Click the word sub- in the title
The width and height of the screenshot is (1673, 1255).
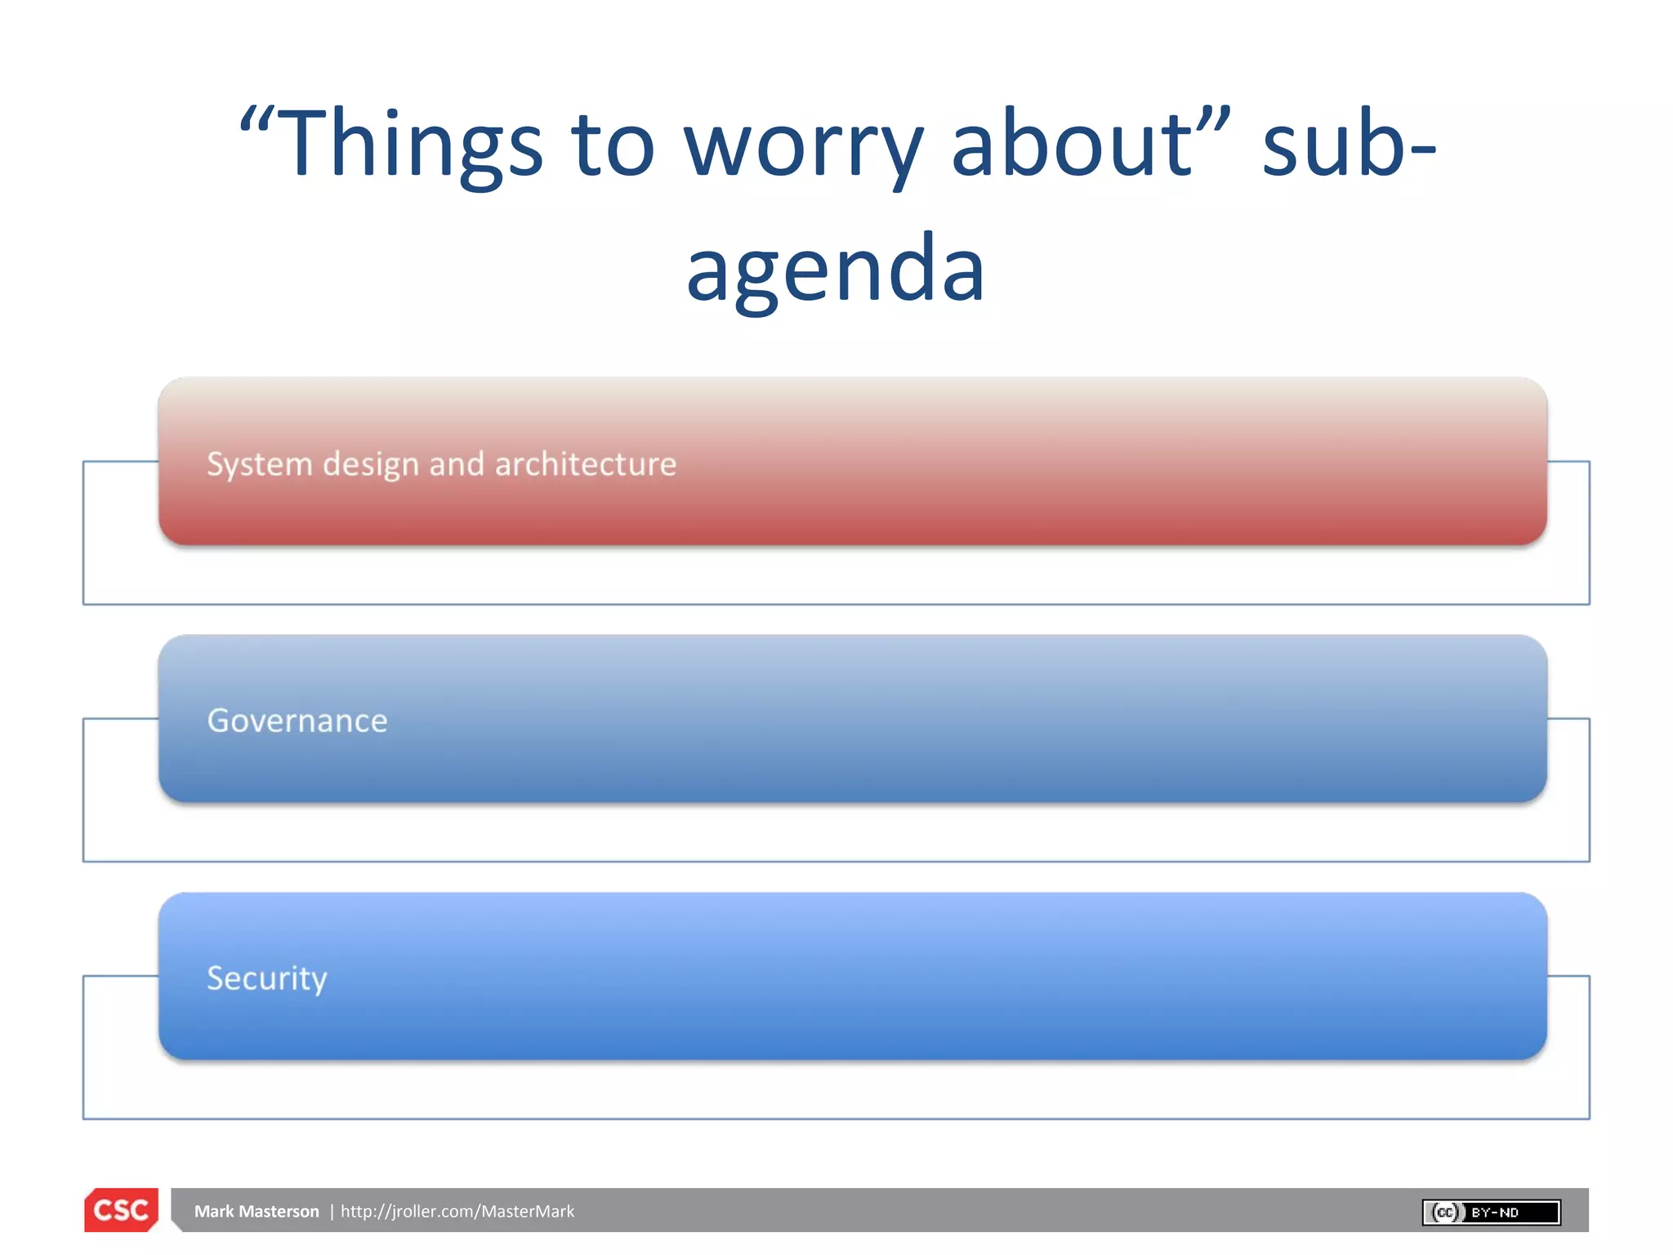(1348, 145)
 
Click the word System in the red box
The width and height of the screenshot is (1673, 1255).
(260, 465)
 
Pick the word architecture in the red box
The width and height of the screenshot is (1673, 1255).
(585, 464)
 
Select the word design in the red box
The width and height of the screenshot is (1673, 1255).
(371, 465)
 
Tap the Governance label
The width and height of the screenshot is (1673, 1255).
(297, 721)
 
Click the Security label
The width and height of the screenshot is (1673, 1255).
(267, 978)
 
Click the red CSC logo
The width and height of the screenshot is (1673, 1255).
(121, 1210)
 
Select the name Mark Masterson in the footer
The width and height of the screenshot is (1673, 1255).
(257, 1212)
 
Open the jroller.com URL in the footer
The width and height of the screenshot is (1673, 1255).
(457, 1212)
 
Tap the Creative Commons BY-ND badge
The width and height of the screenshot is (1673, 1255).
(1491, 1213)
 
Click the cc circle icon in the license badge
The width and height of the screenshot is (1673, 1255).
(1445, 1213)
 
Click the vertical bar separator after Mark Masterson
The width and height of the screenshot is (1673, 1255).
(332, 1212)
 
